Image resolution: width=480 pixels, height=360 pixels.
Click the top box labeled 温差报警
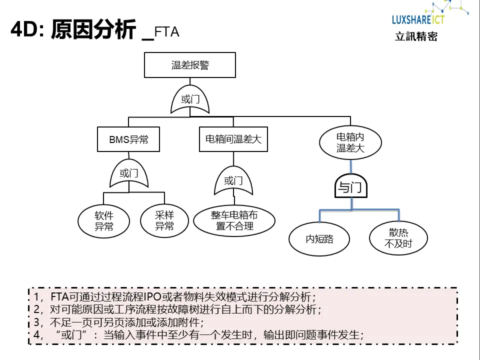[190, 65]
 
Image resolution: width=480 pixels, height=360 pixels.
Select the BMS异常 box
[128, 139]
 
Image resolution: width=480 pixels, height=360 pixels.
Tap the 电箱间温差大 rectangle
[233, 139]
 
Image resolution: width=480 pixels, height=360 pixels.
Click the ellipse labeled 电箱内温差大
[350, 142]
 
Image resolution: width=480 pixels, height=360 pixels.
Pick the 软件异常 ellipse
[104, 221]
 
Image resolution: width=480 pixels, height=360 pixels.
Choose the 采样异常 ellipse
[164, 221]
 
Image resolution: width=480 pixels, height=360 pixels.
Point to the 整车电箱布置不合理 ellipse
[234, 220]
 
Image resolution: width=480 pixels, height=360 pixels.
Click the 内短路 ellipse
[319, 238]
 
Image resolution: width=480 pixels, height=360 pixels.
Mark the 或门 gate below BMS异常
[129, 174]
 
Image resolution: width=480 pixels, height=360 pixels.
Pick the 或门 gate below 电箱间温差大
[233, 180]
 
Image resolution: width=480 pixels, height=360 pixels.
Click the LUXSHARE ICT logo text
[418, 19]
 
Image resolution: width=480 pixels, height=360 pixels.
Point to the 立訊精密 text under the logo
[416, 36]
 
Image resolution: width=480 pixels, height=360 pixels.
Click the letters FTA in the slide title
[167, 32]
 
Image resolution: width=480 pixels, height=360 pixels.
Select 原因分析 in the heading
[93, 30]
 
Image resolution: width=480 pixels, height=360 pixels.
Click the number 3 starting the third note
[36, 322]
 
